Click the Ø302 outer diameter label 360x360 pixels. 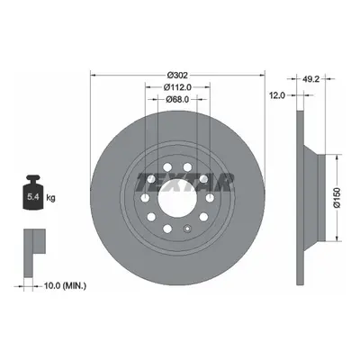(x=177, y=75)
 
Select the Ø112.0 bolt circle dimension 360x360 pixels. (x=177, y=87)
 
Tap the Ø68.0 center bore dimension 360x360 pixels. (x=177, y=99)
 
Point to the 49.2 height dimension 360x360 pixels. (x=310, y=79)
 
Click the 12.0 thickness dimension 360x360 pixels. (x=276, y=95)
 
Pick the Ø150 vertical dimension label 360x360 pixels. (x=337, y=198)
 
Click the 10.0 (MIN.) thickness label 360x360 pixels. (x=65, y=286)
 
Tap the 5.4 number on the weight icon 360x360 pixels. (x=32, y=197)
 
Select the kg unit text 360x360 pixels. (x=50, y=198)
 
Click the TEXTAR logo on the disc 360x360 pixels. (x=185, y=182)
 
